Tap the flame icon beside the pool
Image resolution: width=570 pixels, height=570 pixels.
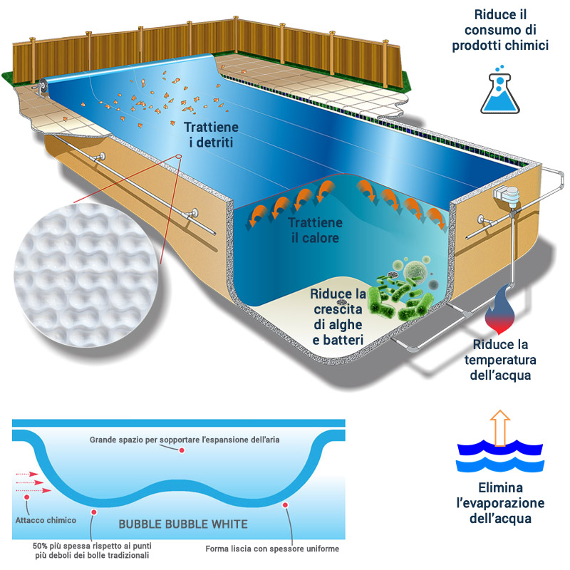pos(499,311)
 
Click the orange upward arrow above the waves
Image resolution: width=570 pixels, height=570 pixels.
pos(502,427)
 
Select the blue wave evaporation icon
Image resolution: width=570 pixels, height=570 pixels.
pos(501,460)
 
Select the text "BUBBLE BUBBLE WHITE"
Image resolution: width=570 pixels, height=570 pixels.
pos(183,524)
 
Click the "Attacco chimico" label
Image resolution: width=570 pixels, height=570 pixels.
pos(45,520)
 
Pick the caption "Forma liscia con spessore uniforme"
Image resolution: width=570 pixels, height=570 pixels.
pos(271,549)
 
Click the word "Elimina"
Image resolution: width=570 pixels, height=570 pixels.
pos(501,488)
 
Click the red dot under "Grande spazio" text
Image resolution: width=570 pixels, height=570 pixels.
pos(182,450)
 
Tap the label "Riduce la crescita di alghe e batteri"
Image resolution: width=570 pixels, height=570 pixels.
pos(338,317)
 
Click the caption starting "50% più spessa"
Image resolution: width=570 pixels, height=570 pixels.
pos(91,550)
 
